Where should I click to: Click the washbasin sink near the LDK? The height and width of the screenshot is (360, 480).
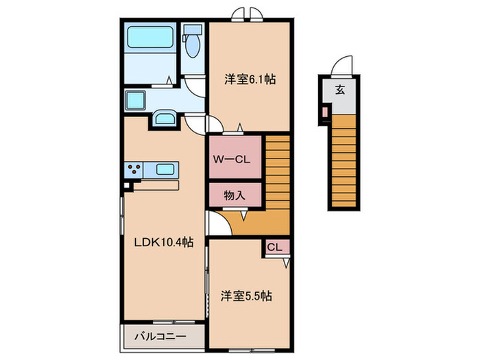point(165,119)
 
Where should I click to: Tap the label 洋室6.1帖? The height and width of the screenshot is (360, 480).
point(250,80)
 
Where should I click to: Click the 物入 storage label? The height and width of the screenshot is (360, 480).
point(234,195)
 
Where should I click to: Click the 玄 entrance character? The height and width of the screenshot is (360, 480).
point(340,88)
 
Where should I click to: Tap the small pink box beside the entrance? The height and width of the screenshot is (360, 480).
point(325,111)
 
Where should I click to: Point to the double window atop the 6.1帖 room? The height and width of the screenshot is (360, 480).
point(245,14)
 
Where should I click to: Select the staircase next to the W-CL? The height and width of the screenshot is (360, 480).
point(278,171)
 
